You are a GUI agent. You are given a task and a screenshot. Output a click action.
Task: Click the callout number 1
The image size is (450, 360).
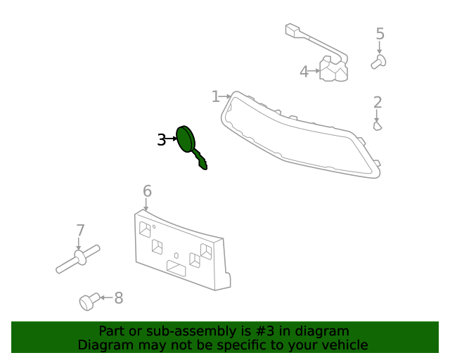(215, 96)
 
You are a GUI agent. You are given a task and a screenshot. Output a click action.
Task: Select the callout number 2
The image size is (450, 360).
(378, 103)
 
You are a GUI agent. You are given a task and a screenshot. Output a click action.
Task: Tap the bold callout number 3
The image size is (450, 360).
(162, 140)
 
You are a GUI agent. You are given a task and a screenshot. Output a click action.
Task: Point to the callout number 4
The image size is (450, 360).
(304, 72)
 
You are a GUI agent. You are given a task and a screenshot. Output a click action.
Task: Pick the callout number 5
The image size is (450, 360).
(380, 34)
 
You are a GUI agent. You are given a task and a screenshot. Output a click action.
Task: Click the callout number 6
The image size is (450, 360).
(147, 191)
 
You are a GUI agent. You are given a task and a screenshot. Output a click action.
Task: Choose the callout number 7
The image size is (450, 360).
(81, 230)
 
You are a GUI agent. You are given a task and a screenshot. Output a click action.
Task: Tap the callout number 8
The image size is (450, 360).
(119, 298)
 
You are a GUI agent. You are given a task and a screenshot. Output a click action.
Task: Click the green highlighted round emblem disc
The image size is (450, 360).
(186, 139)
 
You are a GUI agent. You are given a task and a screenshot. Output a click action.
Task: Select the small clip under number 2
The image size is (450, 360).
(378, 126)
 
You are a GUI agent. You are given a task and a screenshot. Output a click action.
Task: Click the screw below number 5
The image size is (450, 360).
(378, 62)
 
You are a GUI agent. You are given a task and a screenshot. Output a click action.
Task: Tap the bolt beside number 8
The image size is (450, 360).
(89, 302)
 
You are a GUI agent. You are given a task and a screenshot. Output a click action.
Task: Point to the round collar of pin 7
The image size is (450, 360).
(80, 257)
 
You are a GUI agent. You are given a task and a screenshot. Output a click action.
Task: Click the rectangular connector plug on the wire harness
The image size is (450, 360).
(292, 30)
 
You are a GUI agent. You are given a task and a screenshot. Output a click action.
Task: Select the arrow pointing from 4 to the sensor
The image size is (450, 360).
(314, 70)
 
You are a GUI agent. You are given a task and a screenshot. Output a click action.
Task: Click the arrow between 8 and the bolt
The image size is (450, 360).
(106, 297)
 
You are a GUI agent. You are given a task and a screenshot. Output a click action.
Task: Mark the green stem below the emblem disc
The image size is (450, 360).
(200, 160)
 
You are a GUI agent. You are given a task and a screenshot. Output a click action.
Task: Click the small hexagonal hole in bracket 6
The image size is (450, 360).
(176, 255)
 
